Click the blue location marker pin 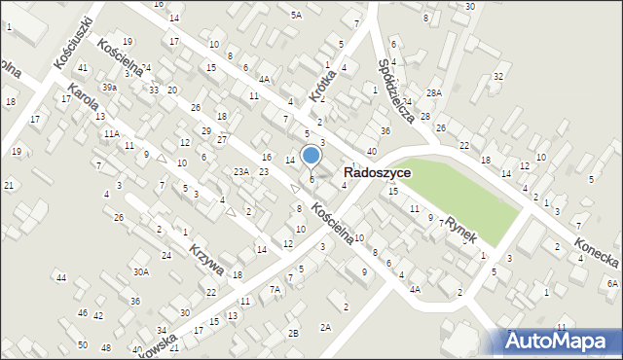311,156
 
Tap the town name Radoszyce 377,172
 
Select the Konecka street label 596,255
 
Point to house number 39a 111,87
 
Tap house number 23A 241,172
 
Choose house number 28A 433,92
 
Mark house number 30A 141,272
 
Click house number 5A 296,15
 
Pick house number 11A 112,133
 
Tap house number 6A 611,283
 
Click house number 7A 275,289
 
